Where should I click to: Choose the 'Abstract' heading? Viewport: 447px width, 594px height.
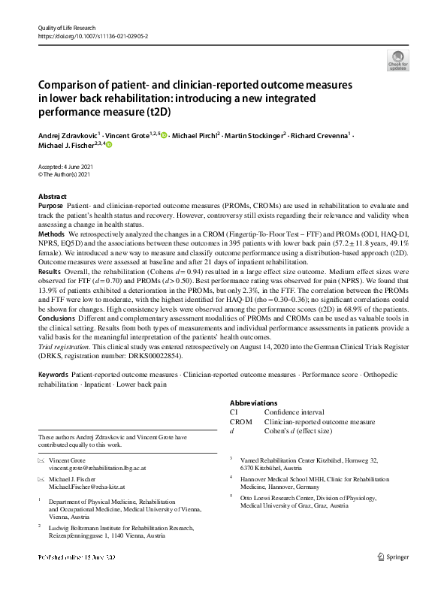(x=52, y=196)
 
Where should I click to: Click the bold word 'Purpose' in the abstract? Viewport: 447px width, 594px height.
(x=50, y=205)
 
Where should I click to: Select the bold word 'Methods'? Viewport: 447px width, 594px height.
(x=52, y=234)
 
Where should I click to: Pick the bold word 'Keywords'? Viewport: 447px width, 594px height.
(x=53, y=374)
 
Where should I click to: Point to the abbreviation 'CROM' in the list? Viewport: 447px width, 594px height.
(x=241, y=422)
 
